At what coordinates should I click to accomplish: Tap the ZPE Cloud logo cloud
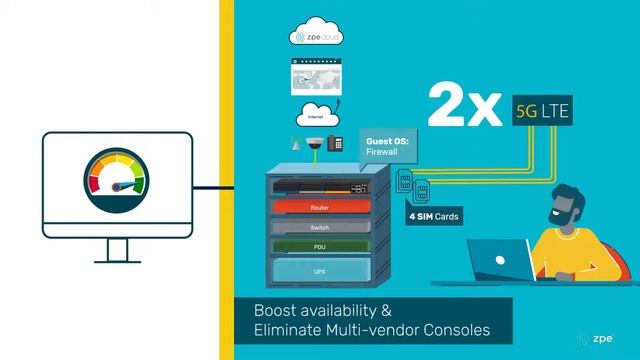(x=316, y=37)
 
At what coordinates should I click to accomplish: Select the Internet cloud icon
(x=316, y=112)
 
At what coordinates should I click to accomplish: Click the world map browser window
(x=316, y=74)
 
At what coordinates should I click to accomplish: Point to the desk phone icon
(x=336, y=142)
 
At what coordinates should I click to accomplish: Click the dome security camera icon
(x=315, y=142)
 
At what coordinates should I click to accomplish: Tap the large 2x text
(x=463, y=108)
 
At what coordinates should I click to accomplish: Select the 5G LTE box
(x=541, y=110)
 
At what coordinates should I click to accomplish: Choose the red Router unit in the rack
(x=320, y=208)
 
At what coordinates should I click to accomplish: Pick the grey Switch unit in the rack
(x=320, y=227)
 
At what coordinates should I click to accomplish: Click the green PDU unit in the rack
(x=320, y=245)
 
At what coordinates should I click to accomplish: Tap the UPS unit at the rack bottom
(x=320, y=271)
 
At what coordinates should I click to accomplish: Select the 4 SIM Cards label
(x=435, y=216)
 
